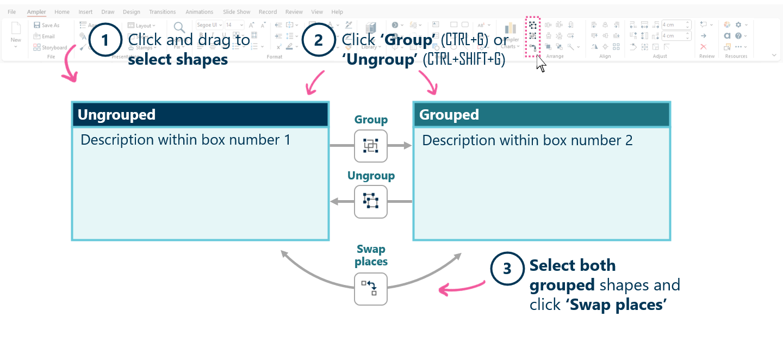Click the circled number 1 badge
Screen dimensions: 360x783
pos(104,41)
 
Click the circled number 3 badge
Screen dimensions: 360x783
pos(507,269)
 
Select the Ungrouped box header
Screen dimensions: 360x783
pos(200,115)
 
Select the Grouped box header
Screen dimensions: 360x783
pos(542,115)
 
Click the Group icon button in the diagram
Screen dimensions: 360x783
pos(371,146)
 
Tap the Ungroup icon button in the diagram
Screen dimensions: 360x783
pos(371,201)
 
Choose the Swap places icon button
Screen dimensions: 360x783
pos(371,288)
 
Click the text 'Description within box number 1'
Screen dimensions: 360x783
pos(185,140)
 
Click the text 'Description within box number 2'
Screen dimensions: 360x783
pos(527,140)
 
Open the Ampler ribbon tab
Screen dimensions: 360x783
pos(36,12)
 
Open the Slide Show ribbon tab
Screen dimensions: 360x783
pos(237,12)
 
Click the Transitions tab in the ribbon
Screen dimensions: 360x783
pos(163,12)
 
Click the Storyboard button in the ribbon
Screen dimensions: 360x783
pos(51,48)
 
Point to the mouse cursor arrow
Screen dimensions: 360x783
pos(539,62)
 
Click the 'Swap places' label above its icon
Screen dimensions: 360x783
pos(371,256)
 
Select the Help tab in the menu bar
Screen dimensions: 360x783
pos(337,12)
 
